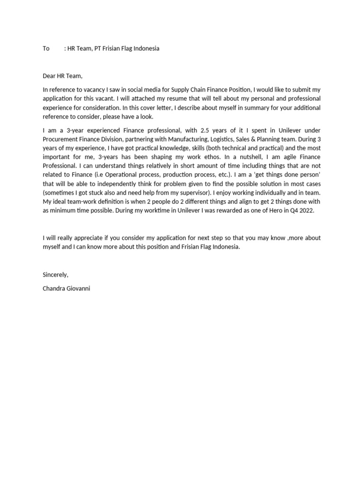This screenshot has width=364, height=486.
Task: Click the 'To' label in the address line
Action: pyautogui.click(x=46, y=48)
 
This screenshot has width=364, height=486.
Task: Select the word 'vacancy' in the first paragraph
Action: pyautogui.click(x=91, y=89)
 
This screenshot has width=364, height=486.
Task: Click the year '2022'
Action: pyautogui.click(x=305, y=211)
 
